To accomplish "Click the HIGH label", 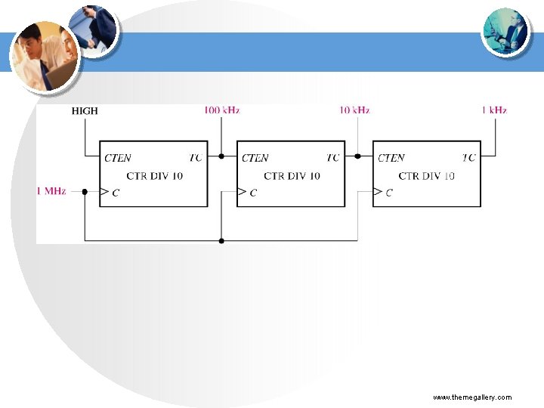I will [85, 110].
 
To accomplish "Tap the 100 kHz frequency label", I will [221, 110].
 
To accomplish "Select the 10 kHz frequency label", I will [354, 110].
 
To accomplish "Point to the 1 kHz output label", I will [494, 110].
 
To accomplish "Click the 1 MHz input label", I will [51, 191].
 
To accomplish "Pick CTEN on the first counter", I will [117, 158].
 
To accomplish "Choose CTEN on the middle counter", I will [255, 158].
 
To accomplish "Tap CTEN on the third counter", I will [391, 158].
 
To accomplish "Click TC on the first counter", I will [196, 158].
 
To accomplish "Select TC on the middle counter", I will [332, 158].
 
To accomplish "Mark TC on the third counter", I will [469, 158].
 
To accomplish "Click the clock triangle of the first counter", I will [105, 192].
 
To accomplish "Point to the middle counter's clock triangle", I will [242, 192].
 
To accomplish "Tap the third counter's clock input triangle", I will [378, 192].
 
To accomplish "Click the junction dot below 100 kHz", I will [221, 156].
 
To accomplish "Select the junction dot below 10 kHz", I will [357, 156].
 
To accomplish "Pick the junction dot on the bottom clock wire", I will [221, 241].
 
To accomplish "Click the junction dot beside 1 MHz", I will [85, 192].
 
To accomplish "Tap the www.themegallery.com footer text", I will [472, 397].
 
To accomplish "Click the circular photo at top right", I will [505, 30].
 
